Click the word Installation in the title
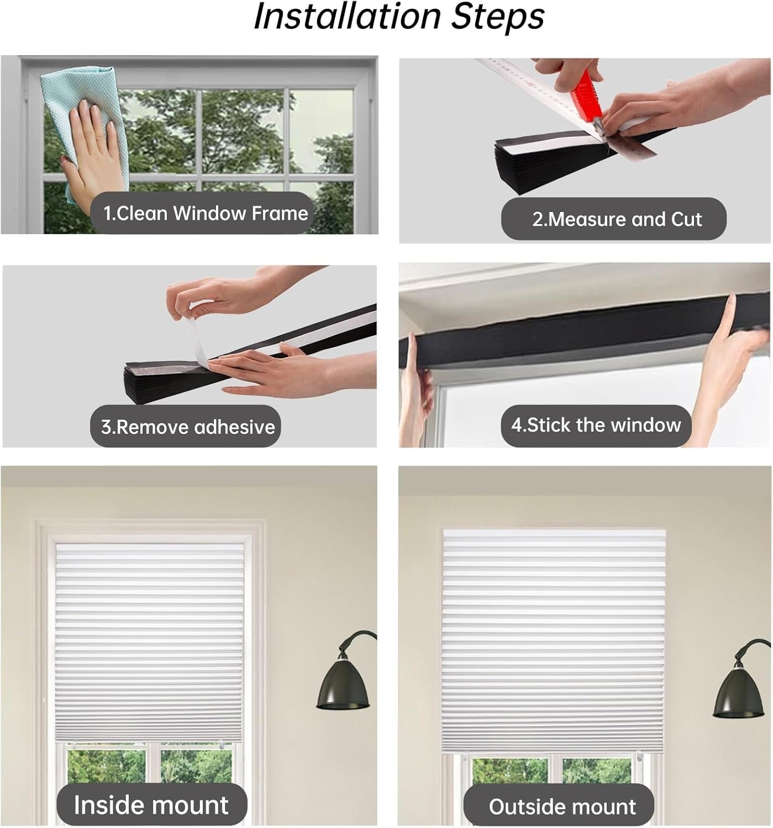pyautogui.click(x=347, y=17)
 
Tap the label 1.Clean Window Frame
pyautogui.click(x=206, y=213)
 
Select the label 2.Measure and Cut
pyautogui.click(x=617, y=219)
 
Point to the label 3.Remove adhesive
pyautogui.click(x=188, y=427)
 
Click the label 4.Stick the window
pyautogui.click(x=596, y=425)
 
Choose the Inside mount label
pyautogui.click(x=151, y=805)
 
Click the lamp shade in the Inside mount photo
pyautogui.click(x=343, y=688)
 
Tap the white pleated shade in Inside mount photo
pyautogui.click(x=149, y=644)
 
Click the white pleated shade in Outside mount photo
pyautogui.click(x=554, y=641)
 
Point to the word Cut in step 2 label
pyautogui.click(x=686, y=219)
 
